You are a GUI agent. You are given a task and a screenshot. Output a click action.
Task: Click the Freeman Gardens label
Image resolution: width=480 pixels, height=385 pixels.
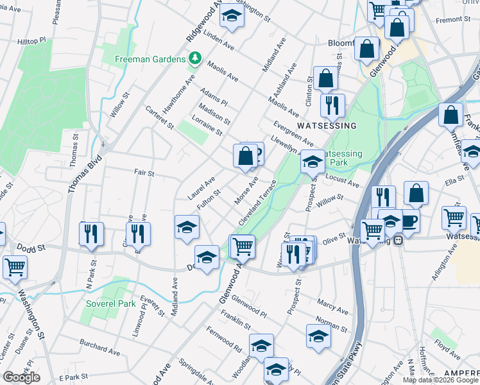coord(150,60)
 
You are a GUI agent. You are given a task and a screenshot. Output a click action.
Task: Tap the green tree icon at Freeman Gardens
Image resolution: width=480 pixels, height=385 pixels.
coord(194,59)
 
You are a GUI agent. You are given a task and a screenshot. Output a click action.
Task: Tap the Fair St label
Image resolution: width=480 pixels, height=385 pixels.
coord(144,173)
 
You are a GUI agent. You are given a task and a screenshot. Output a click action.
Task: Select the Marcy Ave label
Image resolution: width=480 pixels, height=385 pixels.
coord(333,305)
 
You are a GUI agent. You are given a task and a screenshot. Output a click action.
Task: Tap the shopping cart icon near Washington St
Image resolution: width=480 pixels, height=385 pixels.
coord(15,266)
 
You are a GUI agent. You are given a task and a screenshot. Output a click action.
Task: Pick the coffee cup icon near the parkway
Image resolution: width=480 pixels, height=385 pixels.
coord(409,222)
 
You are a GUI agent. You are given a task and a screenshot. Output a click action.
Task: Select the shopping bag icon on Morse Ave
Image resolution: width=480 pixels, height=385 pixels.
coord(246,155)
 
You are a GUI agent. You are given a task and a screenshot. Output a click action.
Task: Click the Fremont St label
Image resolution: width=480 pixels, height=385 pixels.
coord(452,20)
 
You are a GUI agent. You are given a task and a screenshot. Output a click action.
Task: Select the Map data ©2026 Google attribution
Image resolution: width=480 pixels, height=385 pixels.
coord(440,380)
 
